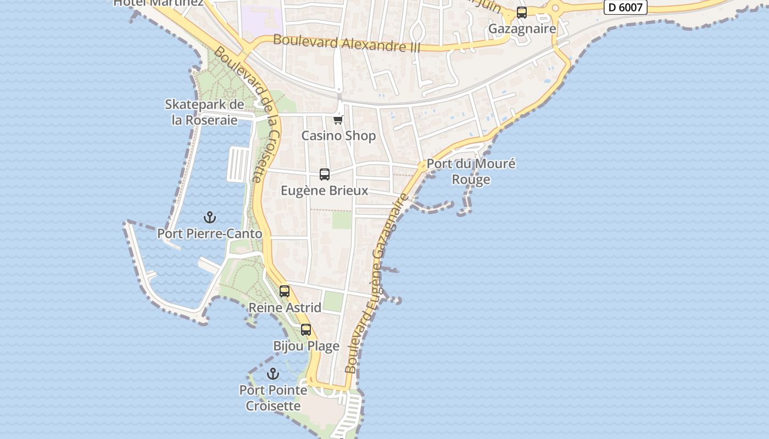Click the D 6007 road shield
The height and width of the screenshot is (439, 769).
tap(626, 7)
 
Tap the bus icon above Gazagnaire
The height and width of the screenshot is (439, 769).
tap(522, 13)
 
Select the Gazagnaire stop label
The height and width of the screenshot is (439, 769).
tap(522, 29)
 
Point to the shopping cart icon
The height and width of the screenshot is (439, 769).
tap(338, 120)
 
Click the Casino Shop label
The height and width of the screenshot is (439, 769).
tap(338, 136)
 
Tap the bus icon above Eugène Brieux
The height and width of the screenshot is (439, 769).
tap(325, 175)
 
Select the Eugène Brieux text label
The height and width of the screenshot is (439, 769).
tap(325, 190)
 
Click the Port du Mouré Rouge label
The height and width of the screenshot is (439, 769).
tap(471, 171)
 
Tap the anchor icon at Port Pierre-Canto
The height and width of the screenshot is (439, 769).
tap(209, 218)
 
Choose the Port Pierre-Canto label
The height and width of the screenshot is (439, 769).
tap(210, 234)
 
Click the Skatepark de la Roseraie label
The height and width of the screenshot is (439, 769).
tap(204, 112)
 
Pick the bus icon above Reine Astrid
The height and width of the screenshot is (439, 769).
tap(285, 291)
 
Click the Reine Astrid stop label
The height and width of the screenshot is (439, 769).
tap(285, 307)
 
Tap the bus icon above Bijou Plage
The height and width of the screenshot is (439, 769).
tap(306, 330)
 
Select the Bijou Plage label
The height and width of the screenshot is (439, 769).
tap(306, 346)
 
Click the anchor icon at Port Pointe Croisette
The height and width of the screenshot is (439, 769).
tap(273, 374)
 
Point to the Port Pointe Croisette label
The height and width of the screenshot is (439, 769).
tap(273, 398)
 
